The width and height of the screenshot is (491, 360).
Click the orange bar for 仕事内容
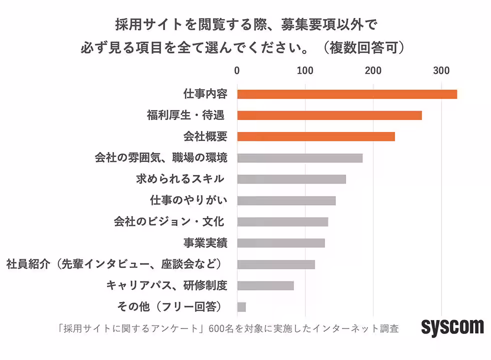click(x=346, y=94)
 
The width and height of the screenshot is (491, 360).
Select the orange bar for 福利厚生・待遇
click(x=329, y=115)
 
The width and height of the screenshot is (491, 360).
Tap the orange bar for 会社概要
click(x=315, y=136)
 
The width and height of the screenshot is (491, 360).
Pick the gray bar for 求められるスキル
click(x=291, y=179)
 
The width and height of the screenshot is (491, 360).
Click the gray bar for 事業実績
click(x=280, y=243)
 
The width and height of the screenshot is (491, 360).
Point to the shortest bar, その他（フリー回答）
click(x=241, y=307)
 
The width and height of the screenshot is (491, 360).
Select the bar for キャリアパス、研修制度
click(x=265, y=285)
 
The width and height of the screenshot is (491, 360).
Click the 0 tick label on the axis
click(x=237, y=71)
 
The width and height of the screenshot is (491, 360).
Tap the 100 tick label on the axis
click(x=305, y=71)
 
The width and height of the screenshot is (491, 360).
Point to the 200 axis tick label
click(x=373, y=71)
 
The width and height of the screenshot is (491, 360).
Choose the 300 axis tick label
click(x=441, y=71)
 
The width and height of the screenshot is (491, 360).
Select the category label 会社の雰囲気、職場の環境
click(x=161, y=158)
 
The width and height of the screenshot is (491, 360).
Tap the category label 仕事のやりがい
click(x=188, y=200)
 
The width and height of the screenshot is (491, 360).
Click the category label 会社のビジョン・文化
click(x=168, y=221)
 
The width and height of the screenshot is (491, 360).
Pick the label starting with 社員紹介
click(x=114, y=264)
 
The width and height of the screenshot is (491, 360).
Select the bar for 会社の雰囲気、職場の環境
click(x=299, y=158)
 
